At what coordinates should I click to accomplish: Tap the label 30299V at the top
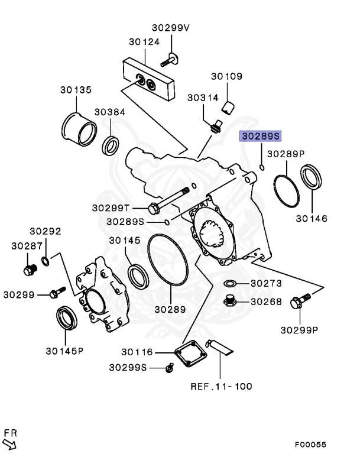tap(171, 27)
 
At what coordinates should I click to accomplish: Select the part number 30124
tap(144, 42)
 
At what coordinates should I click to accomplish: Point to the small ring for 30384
tap(111, 144)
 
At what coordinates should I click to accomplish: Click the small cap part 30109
tap(228, 107)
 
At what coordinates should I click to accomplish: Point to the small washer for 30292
tap(46, 261)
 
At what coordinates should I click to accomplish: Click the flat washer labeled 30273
tap(230, 284)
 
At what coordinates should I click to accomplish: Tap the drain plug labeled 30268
tap(230, 301)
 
